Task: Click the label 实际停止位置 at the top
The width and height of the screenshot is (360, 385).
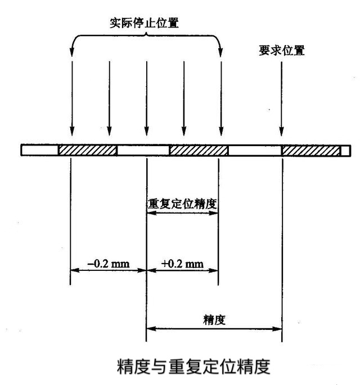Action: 144,23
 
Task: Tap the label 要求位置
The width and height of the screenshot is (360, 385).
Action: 282,51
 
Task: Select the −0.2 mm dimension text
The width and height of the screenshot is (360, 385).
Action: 109,264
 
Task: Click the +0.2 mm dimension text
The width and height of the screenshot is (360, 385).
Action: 182,264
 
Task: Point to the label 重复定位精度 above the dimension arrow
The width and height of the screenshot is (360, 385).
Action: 182,204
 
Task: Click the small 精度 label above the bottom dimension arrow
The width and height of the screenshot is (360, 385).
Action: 214,320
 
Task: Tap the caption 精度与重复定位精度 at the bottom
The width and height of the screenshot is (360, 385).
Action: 193,366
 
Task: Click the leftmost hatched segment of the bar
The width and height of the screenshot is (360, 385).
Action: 88,150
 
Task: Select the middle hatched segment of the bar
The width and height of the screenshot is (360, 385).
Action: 199,150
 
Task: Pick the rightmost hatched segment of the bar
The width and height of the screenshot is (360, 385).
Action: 311,150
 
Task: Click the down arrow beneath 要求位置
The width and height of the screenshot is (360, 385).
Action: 282,98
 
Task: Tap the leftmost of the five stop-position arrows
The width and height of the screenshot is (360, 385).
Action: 72,98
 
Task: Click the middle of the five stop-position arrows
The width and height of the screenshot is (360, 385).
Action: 147,98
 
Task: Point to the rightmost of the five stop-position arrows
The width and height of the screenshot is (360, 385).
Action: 221,98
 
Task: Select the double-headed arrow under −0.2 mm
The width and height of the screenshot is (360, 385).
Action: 109,270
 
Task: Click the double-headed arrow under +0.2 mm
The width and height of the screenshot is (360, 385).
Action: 182,270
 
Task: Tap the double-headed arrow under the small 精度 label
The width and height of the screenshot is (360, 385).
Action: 214,329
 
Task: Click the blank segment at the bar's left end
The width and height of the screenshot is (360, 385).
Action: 39,150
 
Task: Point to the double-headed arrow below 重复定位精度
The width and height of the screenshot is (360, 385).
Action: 182,213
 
